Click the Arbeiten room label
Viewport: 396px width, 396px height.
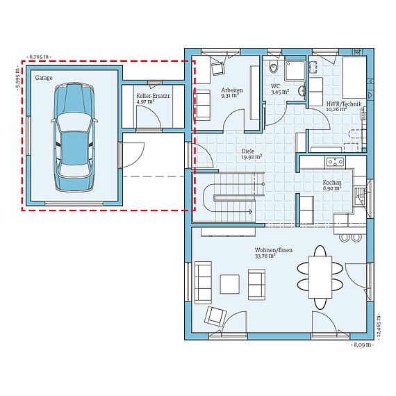pyautogui.click(x=231, y=90)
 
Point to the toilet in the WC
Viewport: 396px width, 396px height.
pyautogui.click(x=272, y=67)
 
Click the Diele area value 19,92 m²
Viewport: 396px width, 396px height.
pyautogui.click(x=251, y=157)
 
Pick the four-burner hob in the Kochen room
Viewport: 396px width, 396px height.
pyautogui.click(x=334, y=163)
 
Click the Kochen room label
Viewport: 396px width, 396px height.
pyautogui.click(x=331, y=182)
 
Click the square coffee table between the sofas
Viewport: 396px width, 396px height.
pyautogui.click(x=230, y=283)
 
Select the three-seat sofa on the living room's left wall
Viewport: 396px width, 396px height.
pyautogui.click(x=203, y=280)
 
